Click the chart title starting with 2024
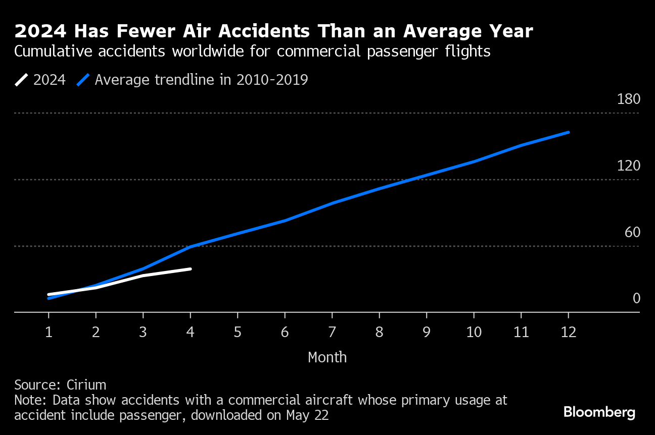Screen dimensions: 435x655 pyautogui.click(x=273, y=32)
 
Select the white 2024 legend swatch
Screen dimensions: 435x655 pyautogui.click(x=22, y=80)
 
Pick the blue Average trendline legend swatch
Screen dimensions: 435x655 pyautogui.click(x=83, y=80)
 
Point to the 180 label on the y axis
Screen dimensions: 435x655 pyautogui.click(x=628, y=99)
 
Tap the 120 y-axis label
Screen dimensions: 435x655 pyautogui.click(x=628, y=166)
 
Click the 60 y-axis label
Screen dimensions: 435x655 pyautogui.click(x=632, y=233)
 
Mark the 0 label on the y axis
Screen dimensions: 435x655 pyautogui.click(x=636, y=299)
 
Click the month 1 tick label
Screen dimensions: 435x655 pyautogui.click(x=49, y=332)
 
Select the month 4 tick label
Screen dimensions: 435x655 pyautogui.click(x=190, y=332)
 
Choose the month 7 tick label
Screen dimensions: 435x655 pyautogui.click(x=332, y=332)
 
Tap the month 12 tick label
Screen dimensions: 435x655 pyautogui.click(x=568, y=332)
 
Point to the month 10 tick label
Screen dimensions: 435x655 pyautogui.click(x=474, y=332)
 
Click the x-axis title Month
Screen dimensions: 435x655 pyautogui.click(x=327, y=357)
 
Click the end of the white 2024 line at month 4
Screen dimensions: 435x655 pyautogui.click(x=190, y=269)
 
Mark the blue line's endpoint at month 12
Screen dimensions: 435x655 pyautogui.click(x=568, y=132)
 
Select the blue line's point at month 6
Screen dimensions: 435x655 pyautogui.click(x=285, y=221)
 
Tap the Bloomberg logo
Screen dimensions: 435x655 pyautogui.click(x=599, y=412)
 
